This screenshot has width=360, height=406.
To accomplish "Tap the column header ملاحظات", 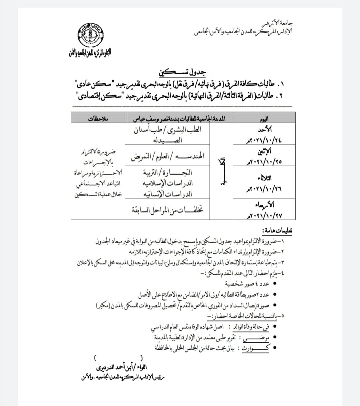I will pos(99,119).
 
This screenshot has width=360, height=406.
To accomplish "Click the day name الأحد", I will pos(265,130).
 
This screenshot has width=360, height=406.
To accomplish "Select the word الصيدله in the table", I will pos(167,140).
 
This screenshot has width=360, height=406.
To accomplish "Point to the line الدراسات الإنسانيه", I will pos(167,194).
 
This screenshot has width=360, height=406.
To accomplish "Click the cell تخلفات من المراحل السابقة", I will pos(167,209).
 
